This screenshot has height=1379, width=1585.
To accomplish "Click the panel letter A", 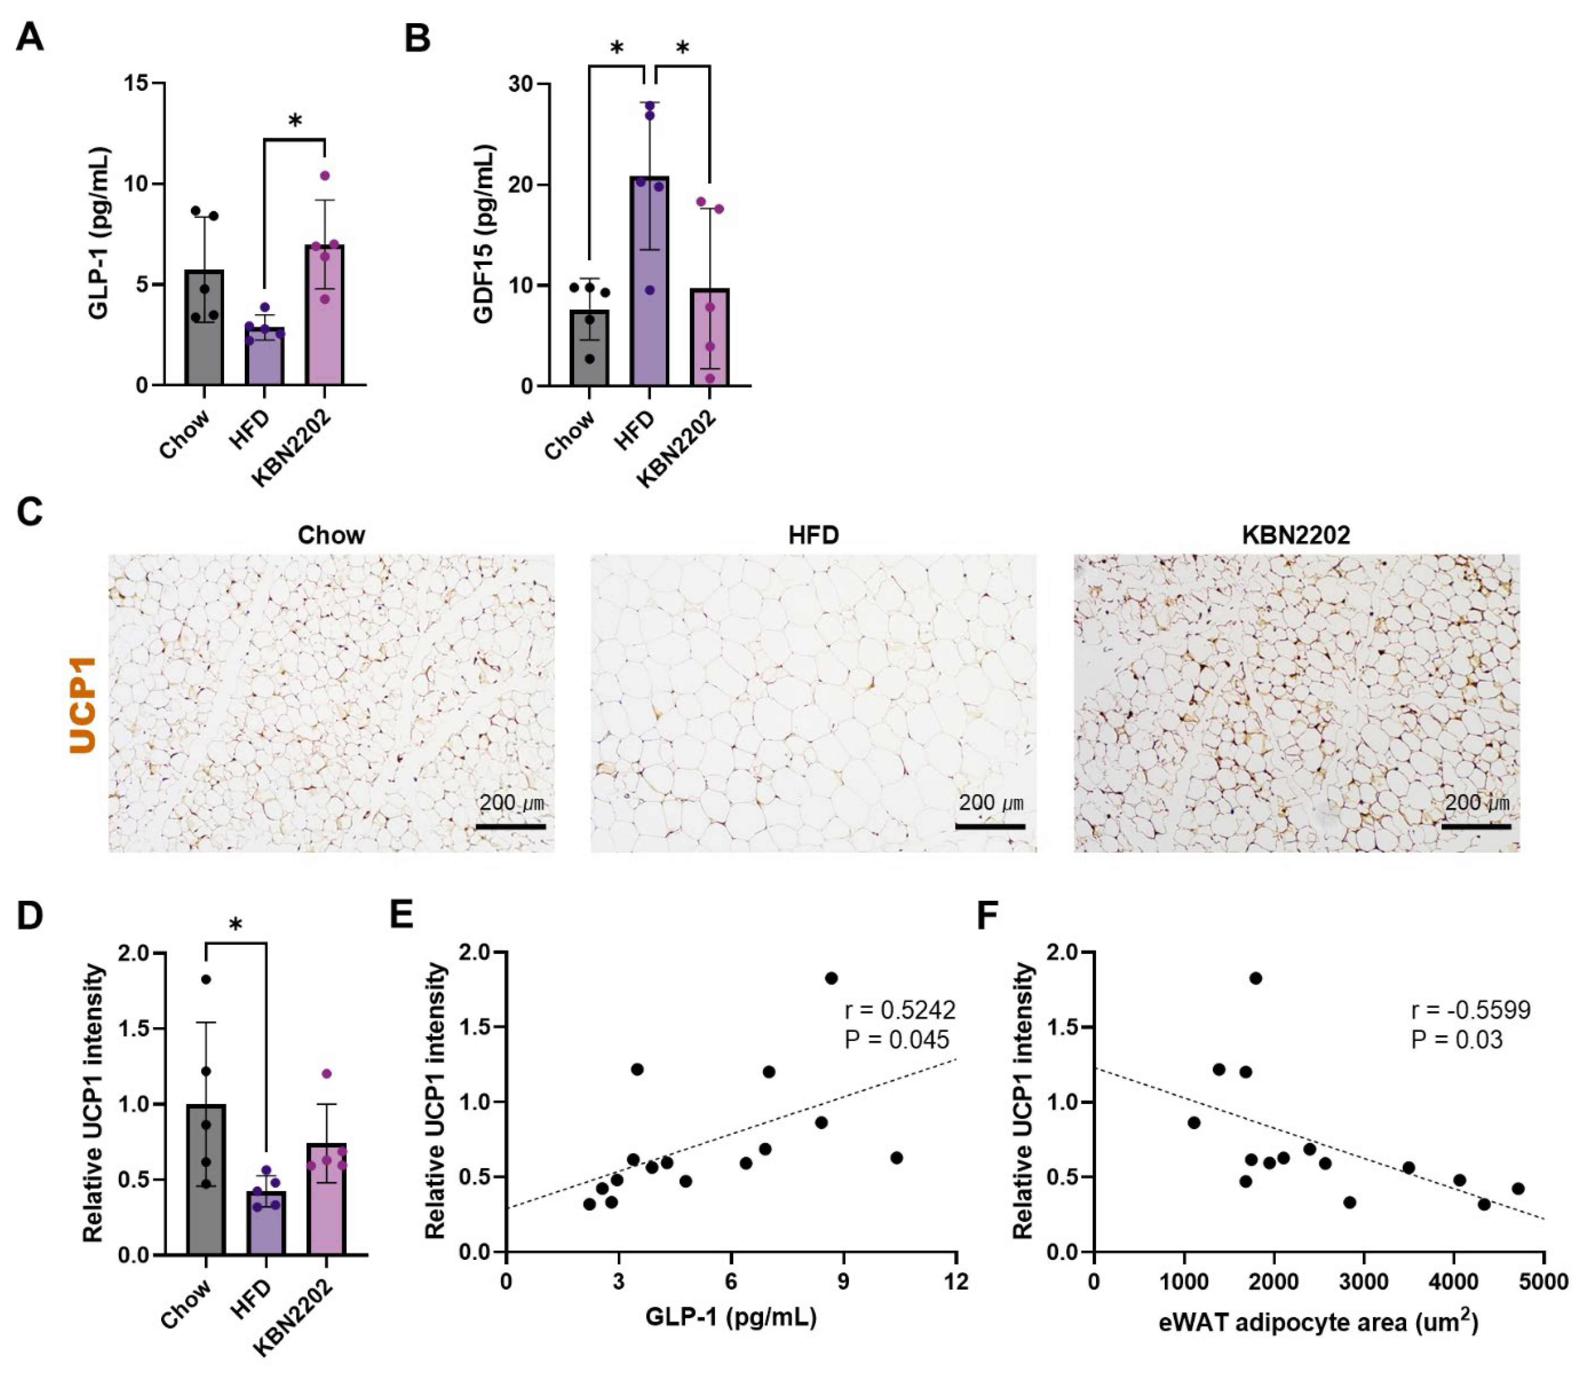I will pos(29,37).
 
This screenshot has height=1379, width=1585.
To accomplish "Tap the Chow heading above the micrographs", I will pos(331,535).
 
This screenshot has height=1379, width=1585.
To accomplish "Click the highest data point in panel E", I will pos(831,978).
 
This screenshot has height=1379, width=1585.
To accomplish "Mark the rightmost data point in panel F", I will pos(1517,1188).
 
